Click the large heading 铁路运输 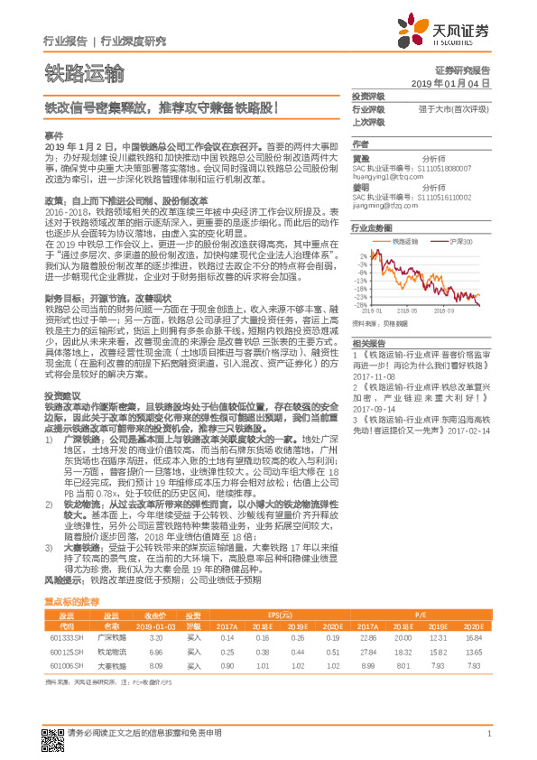tap(84, 72)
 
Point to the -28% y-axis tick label tap(360, 304)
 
